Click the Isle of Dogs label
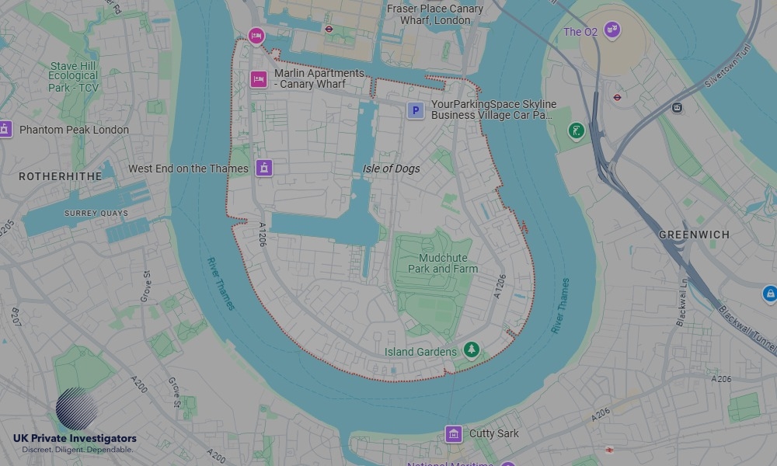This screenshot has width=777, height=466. [391, 169]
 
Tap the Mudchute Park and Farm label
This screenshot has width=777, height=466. [443, 263]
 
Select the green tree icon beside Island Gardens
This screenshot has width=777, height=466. [471, 351]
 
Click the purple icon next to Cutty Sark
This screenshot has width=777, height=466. [454, 433]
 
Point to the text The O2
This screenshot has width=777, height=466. [580, 32]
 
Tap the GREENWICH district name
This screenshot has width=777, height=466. [694, 234]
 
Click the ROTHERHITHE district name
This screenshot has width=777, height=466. [61, 176]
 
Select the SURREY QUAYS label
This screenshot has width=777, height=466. [96, 213]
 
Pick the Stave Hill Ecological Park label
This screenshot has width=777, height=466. [73, 77]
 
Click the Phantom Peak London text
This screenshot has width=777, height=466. [74, 130]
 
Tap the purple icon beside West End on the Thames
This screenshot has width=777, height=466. [265, 168]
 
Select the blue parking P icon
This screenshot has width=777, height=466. [416, 111]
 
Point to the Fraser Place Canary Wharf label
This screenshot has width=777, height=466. [435, 14]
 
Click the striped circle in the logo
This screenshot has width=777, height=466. [77, 409]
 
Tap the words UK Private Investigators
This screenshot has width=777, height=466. [75, 439]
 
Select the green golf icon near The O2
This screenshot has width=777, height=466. [576, 130]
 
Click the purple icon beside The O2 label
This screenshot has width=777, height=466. [612, 31]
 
